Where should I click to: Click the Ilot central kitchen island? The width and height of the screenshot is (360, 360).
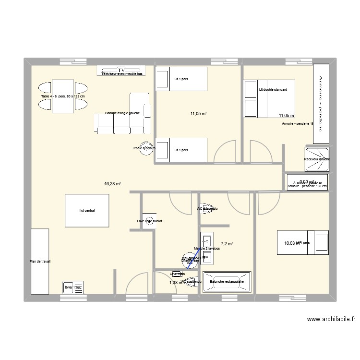(x=87, y=210)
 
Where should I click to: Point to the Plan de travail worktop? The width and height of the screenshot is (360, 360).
(x=39, y=262)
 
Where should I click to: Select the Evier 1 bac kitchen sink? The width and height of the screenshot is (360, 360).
(x=73, y=287)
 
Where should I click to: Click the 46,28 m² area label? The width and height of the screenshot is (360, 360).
(x=112, y=183)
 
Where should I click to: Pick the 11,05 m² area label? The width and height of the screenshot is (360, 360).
(x=198, y=114)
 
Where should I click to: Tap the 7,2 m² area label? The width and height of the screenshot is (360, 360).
(x=227, y=244)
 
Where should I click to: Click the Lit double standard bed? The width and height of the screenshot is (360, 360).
(x=269, y=98)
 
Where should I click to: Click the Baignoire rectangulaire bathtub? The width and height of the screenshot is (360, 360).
(x=227, y=282)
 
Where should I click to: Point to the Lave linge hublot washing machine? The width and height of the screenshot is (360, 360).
(x=149, y=221)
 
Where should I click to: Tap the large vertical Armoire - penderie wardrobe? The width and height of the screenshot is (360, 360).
(x=322, y=103)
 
